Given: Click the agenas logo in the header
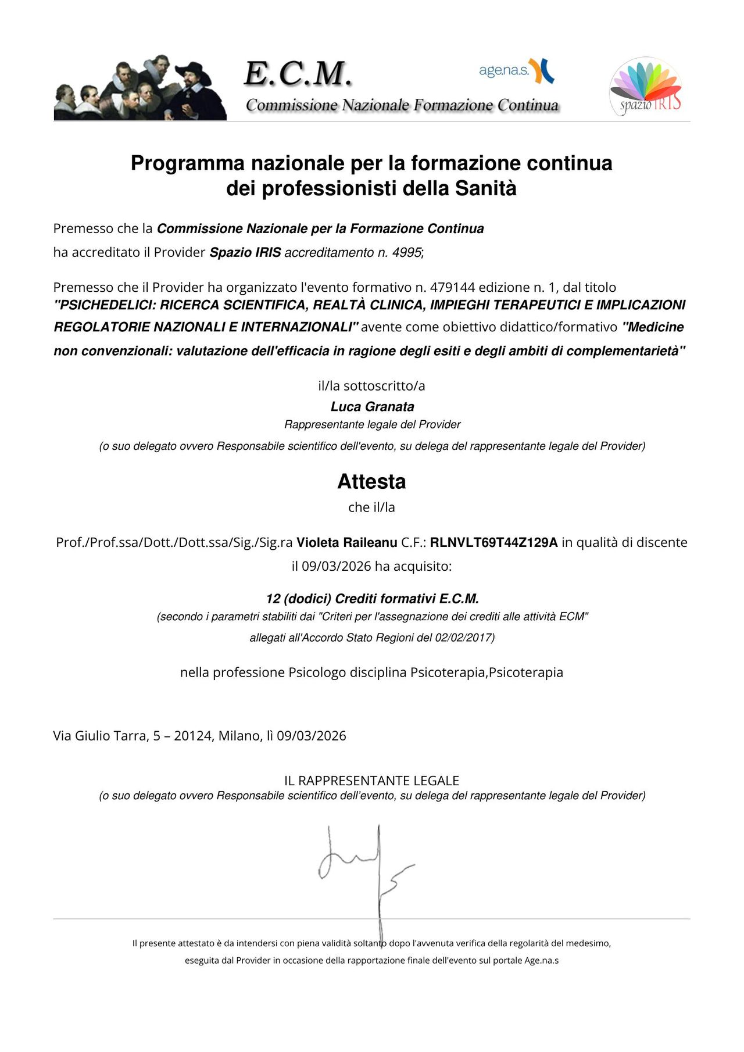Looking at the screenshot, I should pos(516,71).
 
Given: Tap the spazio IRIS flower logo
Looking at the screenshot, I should pos(645,86).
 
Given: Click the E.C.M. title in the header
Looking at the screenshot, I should pos(298,74).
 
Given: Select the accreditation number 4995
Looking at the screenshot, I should pos(407,253).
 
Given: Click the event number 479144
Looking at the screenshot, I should pos(453,287).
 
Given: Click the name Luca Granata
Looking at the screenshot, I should pos(372,407).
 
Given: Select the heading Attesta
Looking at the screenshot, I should pos(371,482).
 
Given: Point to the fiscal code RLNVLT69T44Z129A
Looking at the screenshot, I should pos(493,543).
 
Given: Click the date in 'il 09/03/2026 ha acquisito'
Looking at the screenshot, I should pos(336,566).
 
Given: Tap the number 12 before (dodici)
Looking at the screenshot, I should pos(273,599).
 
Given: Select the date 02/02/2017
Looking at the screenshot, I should pos(464,638).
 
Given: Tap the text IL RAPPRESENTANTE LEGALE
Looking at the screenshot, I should pos(371,781).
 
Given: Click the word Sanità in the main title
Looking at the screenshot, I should pos(485,188).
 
